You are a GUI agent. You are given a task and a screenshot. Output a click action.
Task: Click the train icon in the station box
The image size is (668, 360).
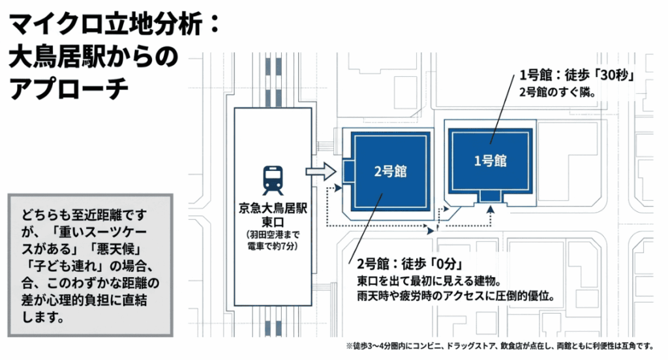273,180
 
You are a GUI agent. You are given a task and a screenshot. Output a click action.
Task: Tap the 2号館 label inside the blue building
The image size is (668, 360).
390,172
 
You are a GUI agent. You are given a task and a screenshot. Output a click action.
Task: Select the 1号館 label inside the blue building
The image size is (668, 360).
491,160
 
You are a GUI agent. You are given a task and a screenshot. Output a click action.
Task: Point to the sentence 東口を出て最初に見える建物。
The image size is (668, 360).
429,282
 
